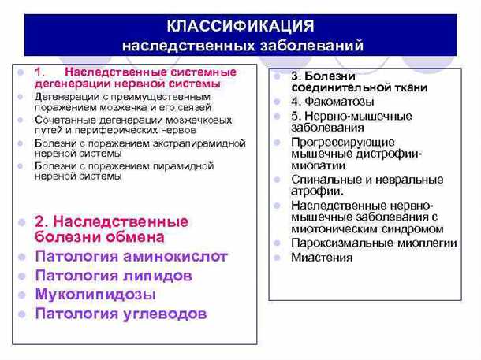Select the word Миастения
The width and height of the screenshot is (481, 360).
coord(322,258)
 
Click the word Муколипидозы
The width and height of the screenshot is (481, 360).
coord(95,295)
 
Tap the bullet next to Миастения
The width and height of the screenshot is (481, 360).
coord(278,258)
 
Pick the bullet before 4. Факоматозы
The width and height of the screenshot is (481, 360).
coord(278,102)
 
